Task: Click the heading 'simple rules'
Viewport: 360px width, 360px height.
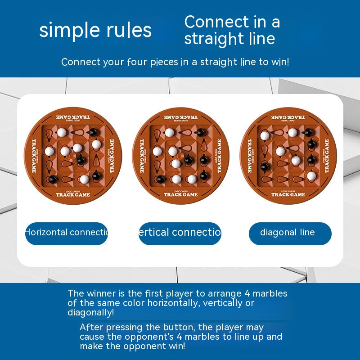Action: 95,30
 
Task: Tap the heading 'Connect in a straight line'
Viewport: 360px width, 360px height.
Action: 232,30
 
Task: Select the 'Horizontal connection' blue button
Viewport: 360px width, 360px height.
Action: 67,233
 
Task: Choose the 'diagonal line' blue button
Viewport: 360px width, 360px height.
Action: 290,233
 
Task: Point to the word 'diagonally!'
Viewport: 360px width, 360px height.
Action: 90,312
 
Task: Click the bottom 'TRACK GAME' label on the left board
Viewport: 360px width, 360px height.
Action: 73,195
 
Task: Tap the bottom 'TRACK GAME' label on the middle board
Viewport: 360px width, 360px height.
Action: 180,195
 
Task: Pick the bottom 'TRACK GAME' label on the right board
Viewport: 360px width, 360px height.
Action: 288,195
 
